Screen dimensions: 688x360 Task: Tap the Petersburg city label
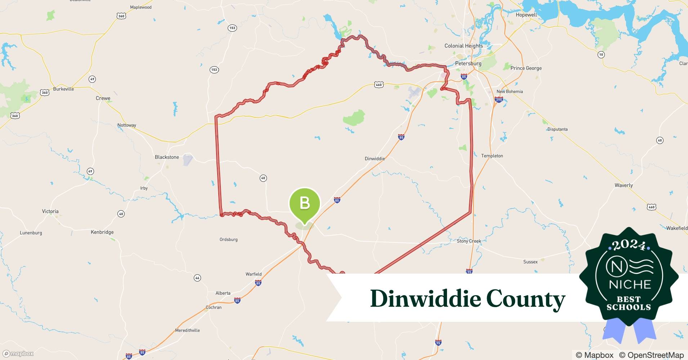468,63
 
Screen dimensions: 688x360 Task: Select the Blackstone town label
167,157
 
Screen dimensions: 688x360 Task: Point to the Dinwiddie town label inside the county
375,158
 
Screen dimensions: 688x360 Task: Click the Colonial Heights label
464,46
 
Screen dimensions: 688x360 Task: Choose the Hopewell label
526,15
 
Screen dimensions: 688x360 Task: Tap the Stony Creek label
469,241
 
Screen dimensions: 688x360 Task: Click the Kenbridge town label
102,232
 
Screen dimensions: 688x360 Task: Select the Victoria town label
50,211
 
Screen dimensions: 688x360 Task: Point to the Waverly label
624,185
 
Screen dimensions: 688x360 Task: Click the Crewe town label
103,98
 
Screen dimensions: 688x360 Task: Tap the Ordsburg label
228,239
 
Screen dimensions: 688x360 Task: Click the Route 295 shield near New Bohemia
499,100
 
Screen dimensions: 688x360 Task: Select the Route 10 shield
601,55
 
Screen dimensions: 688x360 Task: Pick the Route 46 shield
197,278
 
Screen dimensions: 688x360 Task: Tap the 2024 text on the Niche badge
629,246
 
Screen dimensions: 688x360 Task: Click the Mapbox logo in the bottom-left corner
18,354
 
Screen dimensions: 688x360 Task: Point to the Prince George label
526,68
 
